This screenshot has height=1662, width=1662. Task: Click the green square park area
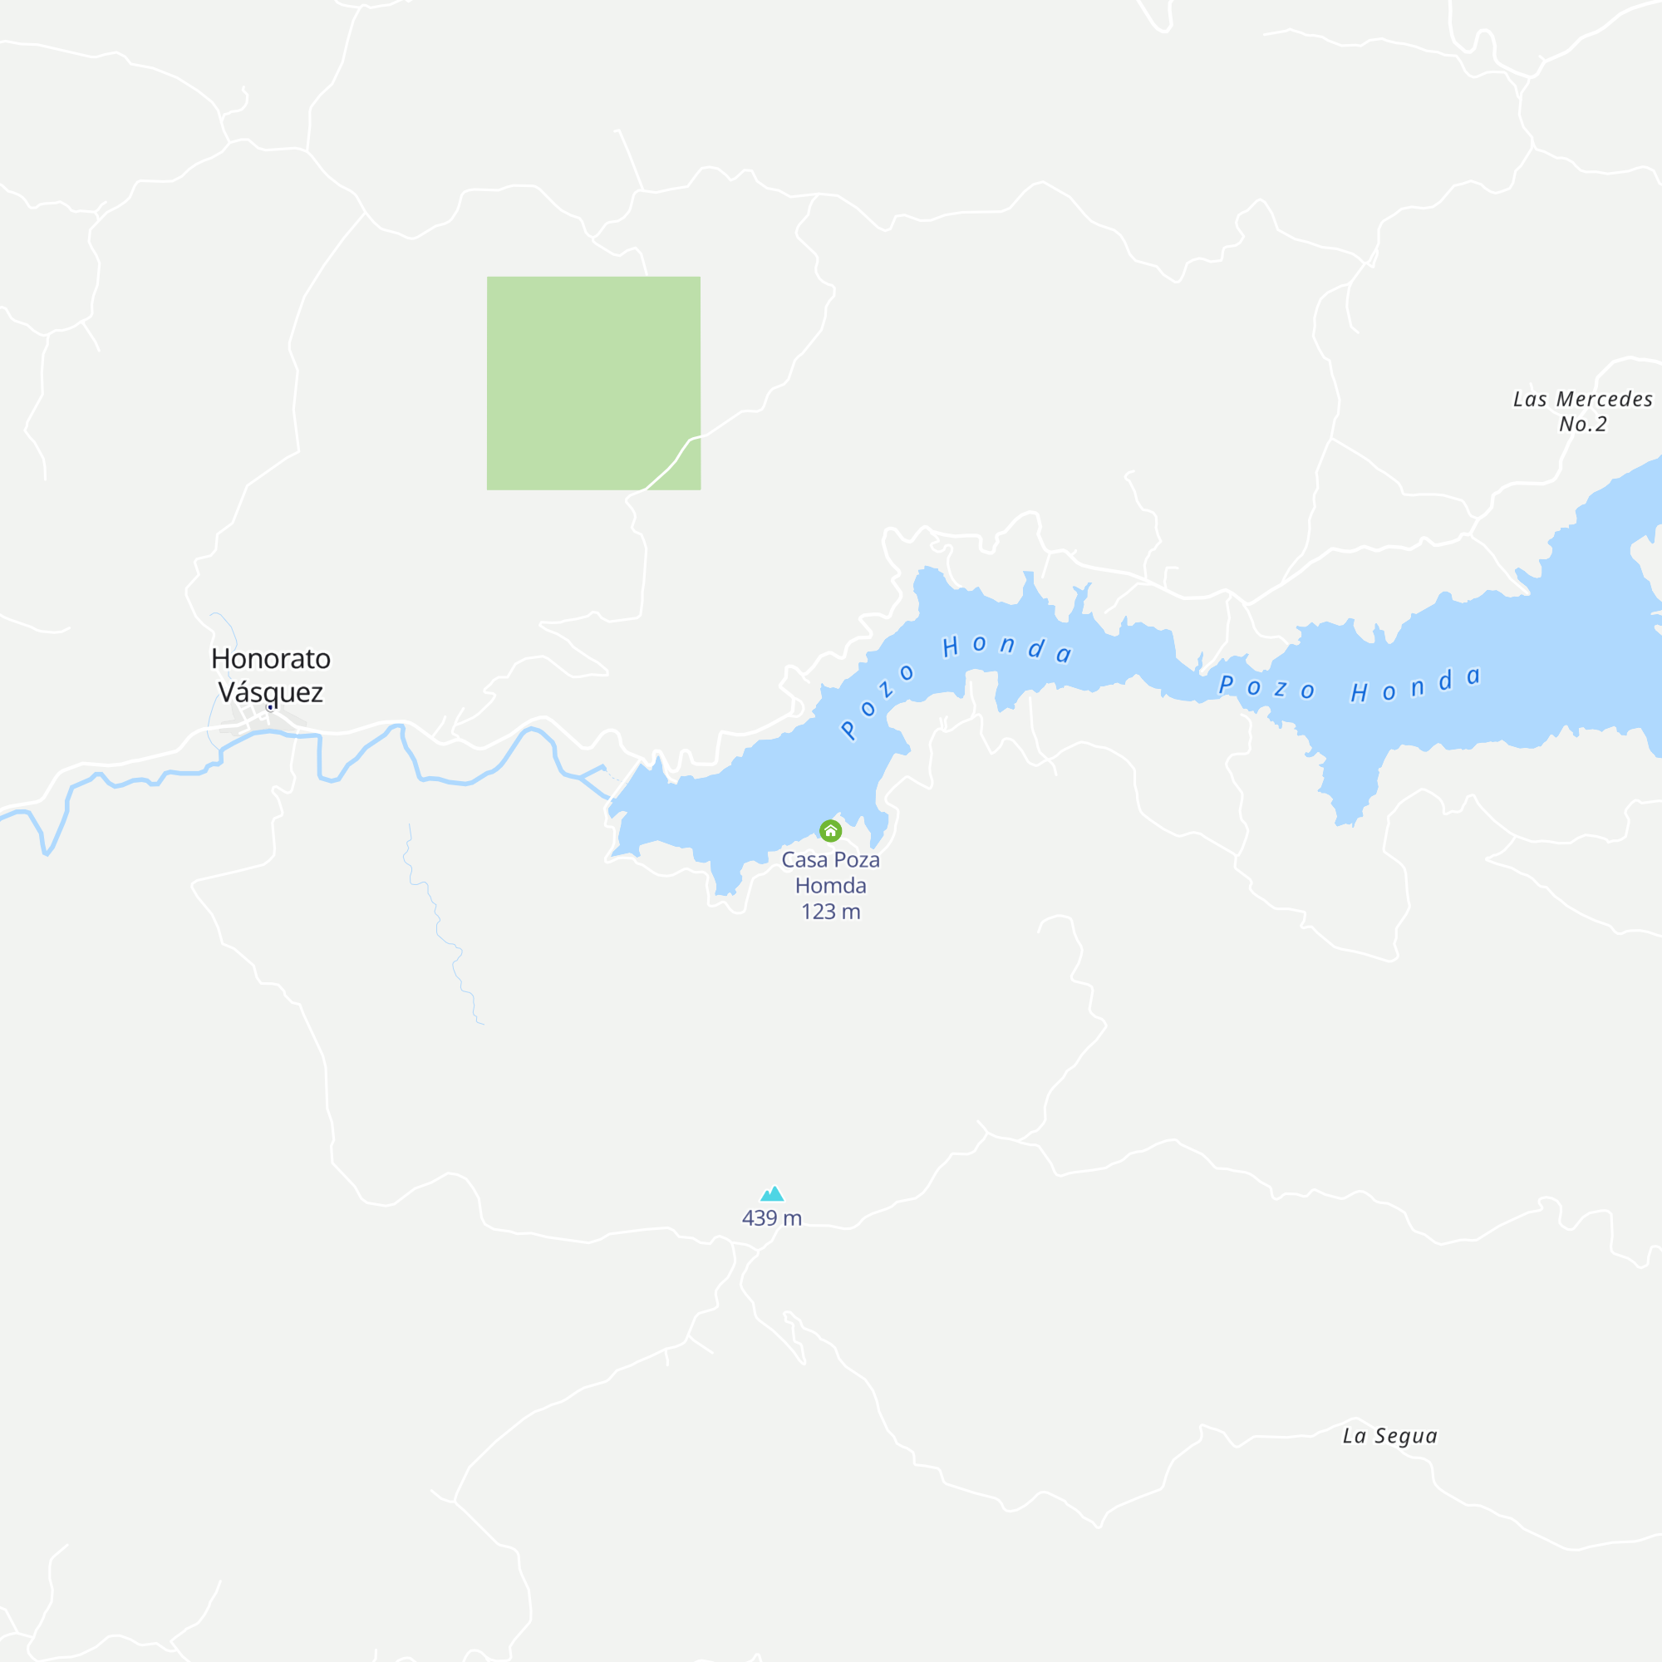[x=593, y=383]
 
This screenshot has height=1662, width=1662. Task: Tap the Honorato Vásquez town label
[x=271, y=676]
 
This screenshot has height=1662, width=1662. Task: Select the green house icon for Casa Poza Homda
[x=830, y=831]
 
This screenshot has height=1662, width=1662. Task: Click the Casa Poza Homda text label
[x=830, y=873]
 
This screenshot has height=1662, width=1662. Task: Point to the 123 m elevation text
[x=830, y=912]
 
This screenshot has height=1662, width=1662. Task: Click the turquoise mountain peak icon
[x=773, y=1194]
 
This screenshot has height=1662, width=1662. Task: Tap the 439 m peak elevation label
[x=772, y=1218]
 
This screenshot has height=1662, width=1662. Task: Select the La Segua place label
[x=1389, y=1436]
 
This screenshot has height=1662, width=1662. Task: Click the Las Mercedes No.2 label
[x=1583, y=411]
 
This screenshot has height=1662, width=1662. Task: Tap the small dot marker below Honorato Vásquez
[x=270, y=707]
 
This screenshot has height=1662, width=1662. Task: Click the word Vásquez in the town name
[x=271, y=691]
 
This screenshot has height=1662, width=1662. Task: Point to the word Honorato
[x=271, y=659]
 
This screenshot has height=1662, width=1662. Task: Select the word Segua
[x=1406, y=1436]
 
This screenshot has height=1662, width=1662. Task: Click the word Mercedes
[x=1605, y=399]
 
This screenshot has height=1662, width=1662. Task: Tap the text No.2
[x=1583, y=424]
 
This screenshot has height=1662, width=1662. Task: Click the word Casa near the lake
[x=804, y=859]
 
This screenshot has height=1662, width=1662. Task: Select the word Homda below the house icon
[x=830, y=885]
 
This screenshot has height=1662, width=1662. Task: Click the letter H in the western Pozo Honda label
[x=951, y=647]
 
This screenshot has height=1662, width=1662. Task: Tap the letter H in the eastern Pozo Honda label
[x=1360, y=692]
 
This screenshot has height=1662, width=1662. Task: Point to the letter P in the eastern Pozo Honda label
[x=1227, y=684]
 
